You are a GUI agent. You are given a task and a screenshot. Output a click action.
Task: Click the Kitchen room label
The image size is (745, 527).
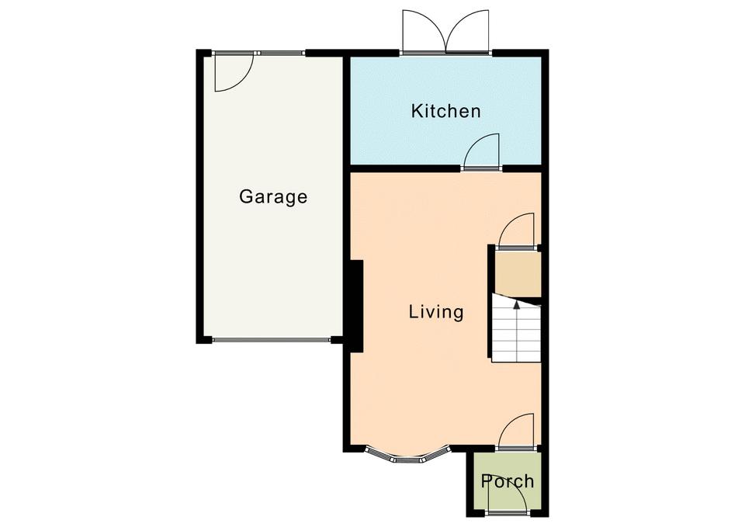[445, 111]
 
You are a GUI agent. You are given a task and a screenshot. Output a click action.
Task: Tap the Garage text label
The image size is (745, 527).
[273, 196]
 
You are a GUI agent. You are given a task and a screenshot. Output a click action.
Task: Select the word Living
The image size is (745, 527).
[436, 312]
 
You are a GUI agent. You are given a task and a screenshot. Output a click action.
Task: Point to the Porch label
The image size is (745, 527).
[508, 481]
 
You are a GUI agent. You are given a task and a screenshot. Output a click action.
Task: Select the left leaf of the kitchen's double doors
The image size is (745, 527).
[424, 30]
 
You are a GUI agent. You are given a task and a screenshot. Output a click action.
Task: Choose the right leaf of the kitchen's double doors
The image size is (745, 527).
[467, 30]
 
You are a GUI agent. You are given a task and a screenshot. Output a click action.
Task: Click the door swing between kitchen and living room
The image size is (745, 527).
[482, 151]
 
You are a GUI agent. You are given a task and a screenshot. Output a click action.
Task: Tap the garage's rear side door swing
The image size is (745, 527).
[234, 73]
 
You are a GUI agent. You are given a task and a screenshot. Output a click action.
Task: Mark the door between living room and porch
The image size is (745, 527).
[515, 430]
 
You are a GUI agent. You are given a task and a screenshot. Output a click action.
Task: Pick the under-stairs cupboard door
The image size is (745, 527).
[515, 230]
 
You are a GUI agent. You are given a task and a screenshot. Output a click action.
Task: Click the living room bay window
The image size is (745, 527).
[407, 456]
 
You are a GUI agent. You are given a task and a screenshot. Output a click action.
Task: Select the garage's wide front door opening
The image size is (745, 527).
[271, 340]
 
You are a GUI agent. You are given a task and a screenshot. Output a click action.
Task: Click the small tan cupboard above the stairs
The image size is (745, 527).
[518, 275]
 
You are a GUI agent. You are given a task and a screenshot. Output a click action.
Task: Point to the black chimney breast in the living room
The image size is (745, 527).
[356, 306]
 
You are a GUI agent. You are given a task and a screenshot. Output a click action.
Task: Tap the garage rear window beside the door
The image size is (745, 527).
[281, 53]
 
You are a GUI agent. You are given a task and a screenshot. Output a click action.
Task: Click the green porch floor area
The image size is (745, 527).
[507, 482]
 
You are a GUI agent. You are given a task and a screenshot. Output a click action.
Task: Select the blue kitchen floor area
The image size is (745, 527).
[445, 110]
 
